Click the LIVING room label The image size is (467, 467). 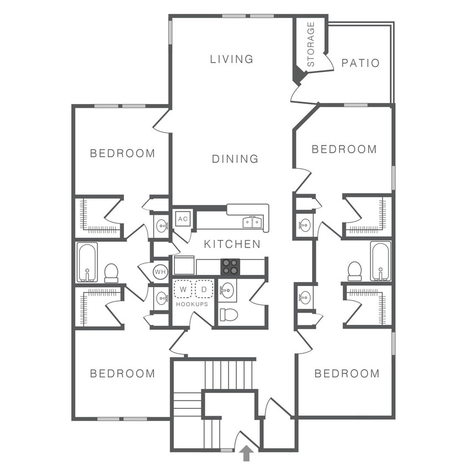(231, 59)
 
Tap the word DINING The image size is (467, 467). (235, 159)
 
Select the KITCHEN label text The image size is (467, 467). (232, 244)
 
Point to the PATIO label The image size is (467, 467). (360, 63)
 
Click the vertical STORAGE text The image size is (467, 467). (310, 44)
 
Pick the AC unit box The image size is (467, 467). (183, 218)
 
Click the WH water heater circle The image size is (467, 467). (160, 272)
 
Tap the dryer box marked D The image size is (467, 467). (204, 289)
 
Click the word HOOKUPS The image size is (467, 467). (192, 304)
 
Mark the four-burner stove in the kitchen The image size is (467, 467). (230, 267)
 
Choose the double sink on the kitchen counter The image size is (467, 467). (252, 222)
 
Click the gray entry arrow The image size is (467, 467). (247, 454)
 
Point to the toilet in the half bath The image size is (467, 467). (228, 315)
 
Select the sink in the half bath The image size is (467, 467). (227, 290)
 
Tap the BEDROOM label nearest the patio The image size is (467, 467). (344, 149)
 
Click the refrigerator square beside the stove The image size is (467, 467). (184, 265)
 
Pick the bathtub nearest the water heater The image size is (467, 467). (87, 262)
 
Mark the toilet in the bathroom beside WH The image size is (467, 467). (111, 272)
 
